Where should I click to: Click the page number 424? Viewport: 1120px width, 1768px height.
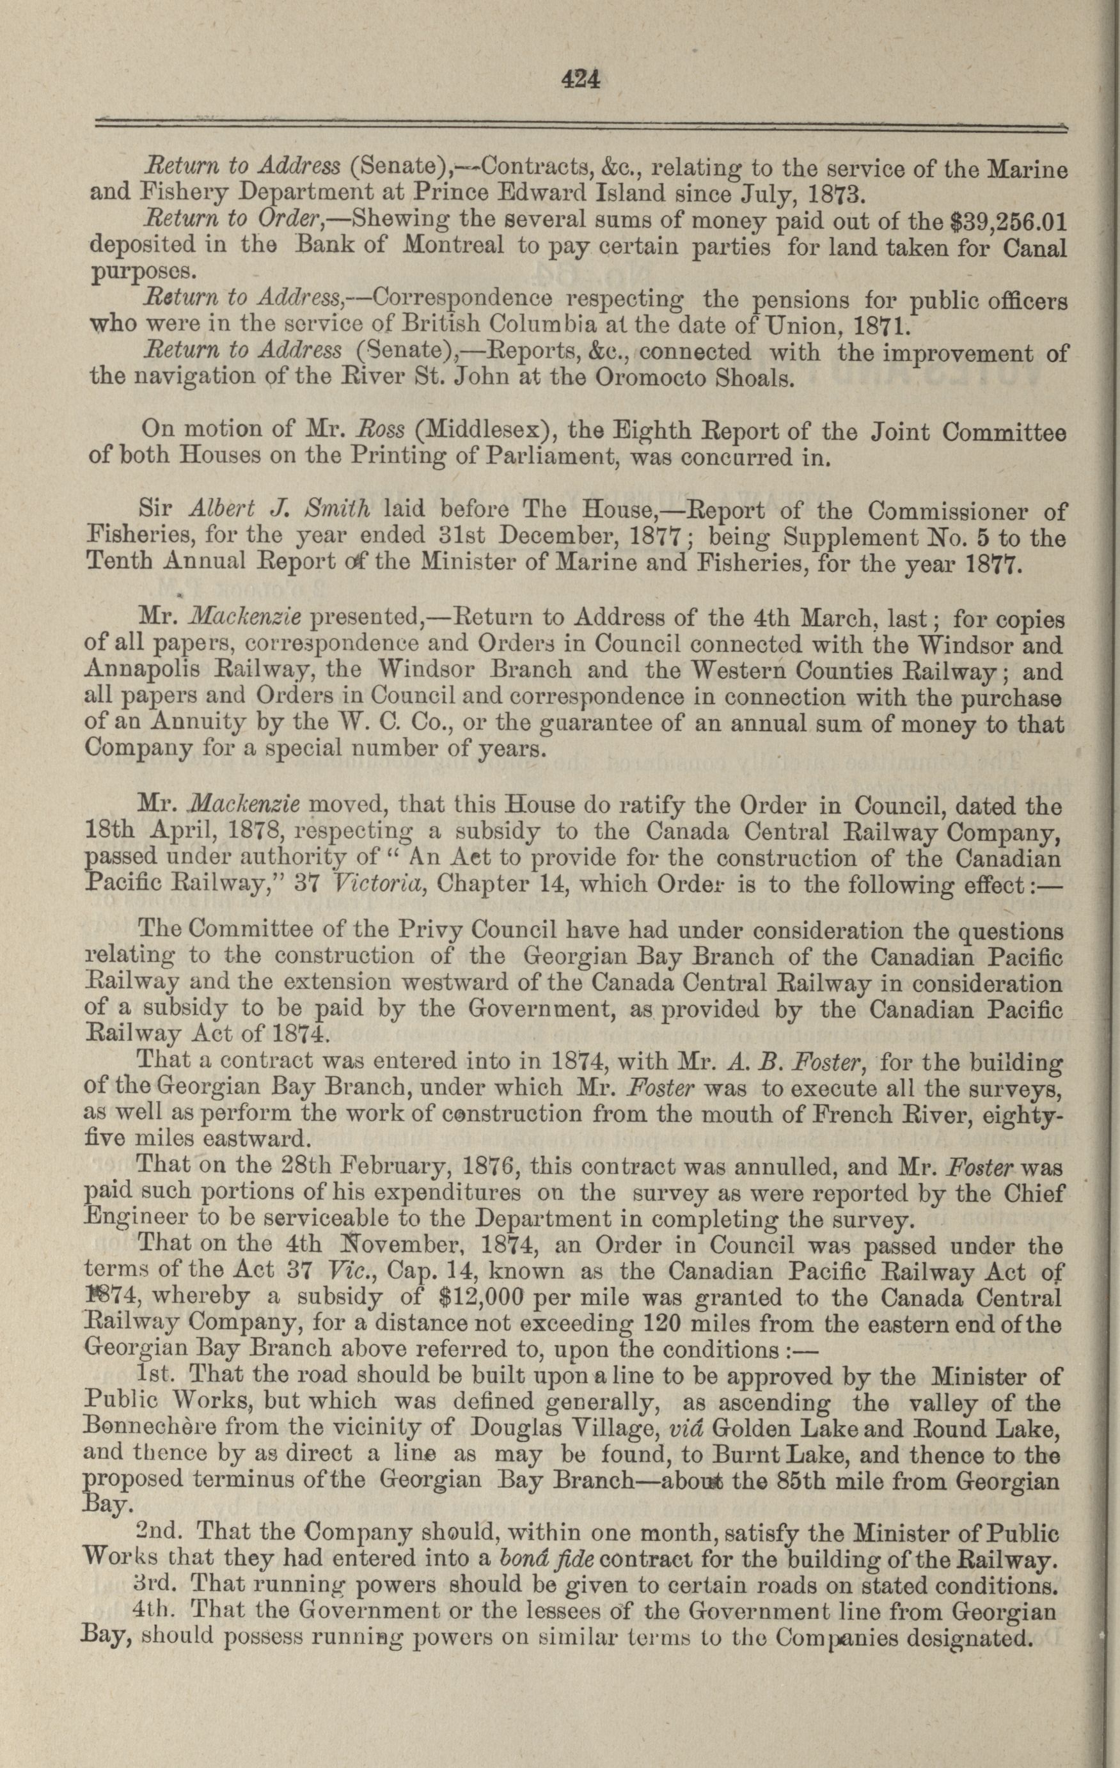pos(580,77)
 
